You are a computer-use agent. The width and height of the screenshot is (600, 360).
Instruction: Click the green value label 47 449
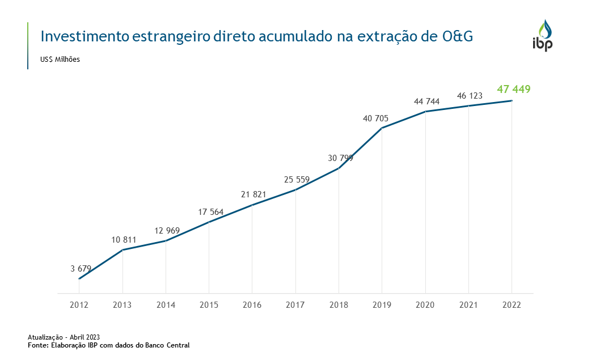pos(513,89)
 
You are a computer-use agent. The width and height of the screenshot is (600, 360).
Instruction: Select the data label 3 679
pos(81,268)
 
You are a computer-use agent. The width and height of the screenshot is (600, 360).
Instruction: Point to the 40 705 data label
pos(375,118)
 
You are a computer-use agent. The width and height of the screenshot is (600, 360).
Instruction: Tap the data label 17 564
pos(211,212)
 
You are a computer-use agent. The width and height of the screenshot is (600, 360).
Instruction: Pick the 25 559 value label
pos(297,180)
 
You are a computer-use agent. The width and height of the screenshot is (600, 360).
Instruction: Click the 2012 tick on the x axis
pos(79,305)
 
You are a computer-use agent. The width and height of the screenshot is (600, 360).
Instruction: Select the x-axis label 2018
pos(339,305)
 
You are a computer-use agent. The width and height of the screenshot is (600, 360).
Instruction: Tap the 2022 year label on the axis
pos(512,305)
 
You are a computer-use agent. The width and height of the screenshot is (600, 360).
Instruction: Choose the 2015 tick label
pos(209,305)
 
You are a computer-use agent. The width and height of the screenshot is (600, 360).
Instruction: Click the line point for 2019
pos(382,128)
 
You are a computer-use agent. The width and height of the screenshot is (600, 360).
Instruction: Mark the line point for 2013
pos(122,250)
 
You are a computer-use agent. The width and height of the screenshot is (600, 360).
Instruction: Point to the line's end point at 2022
pos(512,101)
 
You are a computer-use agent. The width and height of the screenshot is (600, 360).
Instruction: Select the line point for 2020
pos(425,112)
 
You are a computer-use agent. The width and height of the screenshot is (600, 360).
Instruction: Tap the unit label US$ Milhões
pos(60,60)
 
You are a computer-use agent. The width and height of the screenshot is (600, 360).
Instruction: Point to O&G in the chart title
pos(457,37)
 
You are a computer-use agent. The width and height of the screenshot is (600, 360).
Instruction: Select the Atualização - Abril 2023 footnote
pos(64,337)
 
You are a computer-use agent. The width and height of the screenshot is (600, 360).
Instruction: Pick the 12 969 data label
pos(167,231)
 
